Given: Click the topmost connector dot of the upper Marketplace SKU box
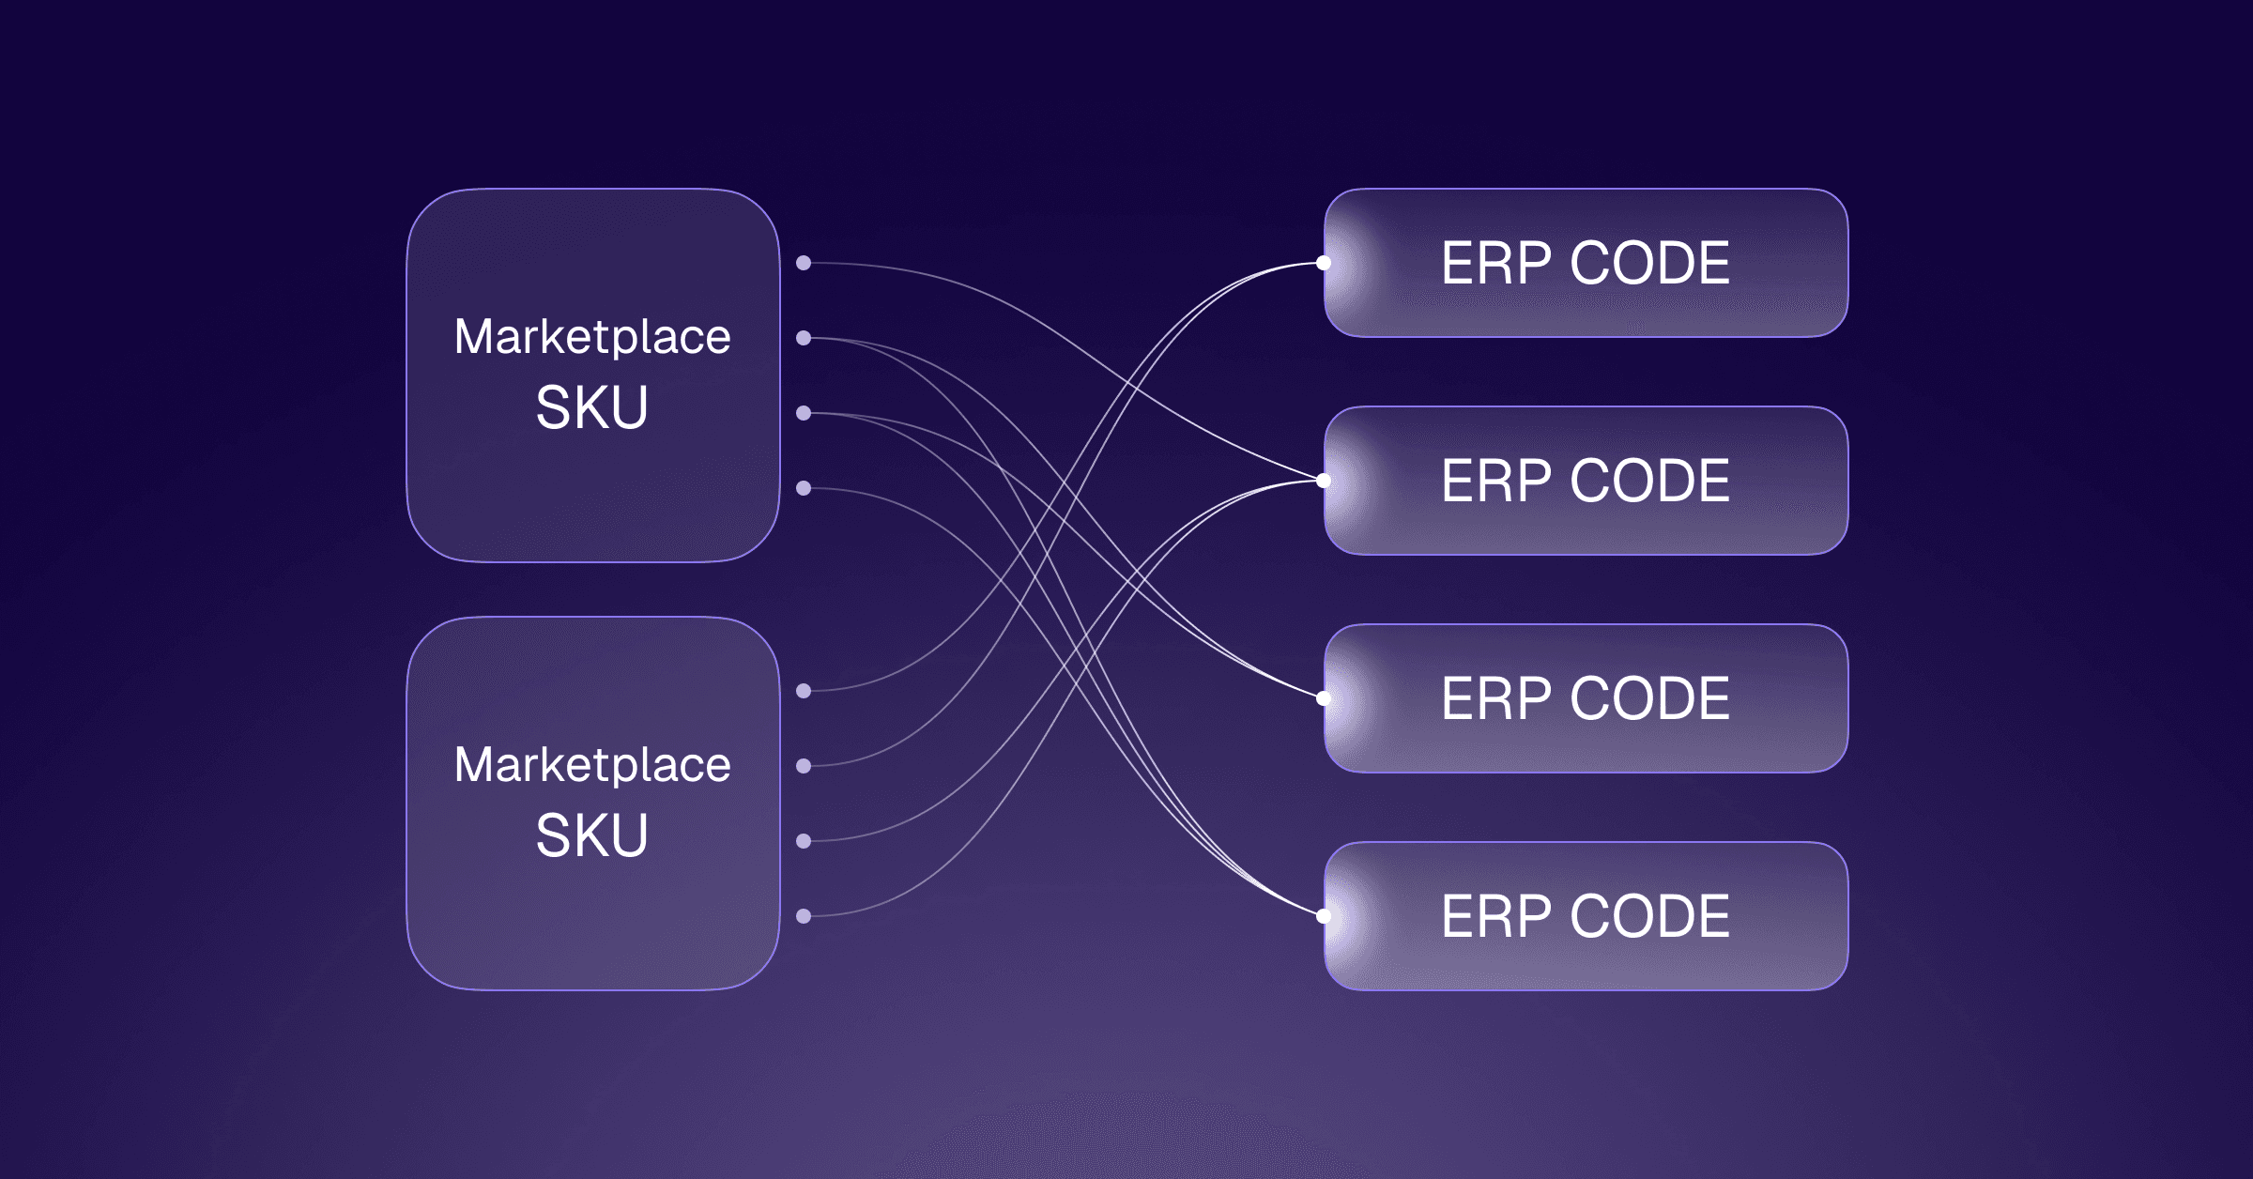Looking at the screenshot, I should pyautogui.click(x=804, y=263).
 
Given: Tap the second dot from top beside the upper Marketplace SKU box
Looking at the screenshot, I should pyautogui.click(x=804, y=338).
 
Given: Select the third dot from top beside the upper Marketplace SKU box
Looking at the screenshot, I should pyautogui.click(x=804, y=413).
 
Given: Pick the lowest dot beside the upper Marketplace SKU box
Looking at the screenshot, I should pyautogui.click(x=804, y=488).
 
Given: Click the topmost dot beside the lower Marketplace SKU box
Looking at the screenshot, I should pyautogui.click(x=804, y=691).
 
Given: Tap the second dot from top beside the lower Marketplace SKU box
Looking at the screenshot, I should pyautogui.click(x=804, y=766).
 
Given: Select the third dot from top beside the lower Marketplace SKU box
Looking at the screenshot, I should pyautogui.click(x=804, y=841).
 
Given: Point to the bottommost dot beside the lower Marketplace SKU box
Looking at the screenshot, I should pyautogui.click(x=804, y=916).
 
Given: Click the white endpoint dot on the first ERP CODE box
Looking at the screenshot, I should pyautogui.click(x=1324, y=263).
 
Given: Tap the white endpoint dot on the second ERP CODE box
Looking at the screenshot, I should pyautogui.click(x=1324, y=481).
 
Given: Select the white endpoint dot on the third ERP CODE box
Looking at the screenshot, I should pyautogui.click(x=1324, y=698).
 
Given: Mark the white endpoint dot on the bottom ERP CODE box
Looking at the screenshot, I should pyautogui.click(x=1324, y=916).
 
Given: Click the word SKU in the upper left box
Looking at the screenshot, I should pyautogui.click(x=591, y=407).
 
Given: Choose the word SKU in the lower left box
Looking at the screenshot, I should pyautogui.click(x=591, y=835).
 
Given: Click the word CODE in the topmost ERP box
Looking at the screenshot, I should pyautogui.click(x=1649, y=263).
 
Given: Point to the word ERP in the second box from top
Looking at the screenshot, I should pyautogui.click(x=1496, y=481).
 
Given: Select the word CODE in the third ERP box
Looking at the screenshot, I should pyautogui.click(x=1649, y=698).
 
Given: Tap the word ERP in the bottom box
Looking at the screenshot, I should pyautogui.click(x=1496, y=916).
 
